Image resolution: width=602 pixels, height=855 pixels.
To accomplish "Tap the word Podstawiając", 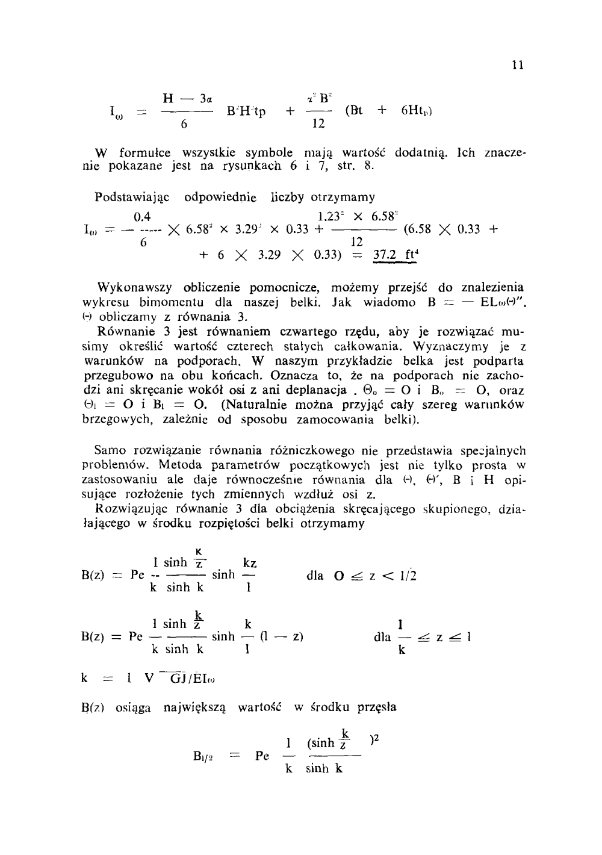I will tap(132, 197).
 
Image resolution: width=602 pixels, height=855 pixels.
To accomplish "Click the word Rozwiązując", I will tap(132, 509).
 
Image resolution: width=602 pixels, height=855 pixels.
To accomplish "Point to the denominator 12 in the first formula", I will tap(319, 124).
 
